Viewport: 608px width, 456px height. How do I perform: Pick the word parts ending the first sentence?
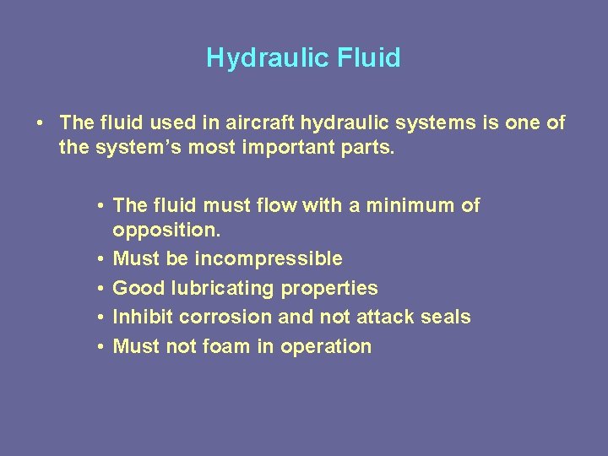coord(370,150)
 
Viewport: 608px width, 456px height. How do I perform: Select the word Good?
coord(139,288)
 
